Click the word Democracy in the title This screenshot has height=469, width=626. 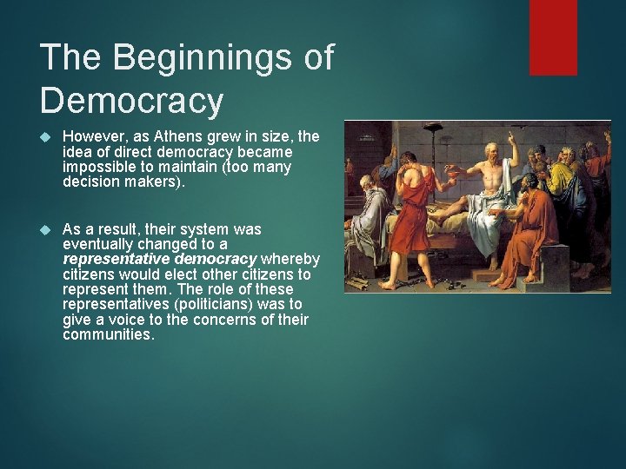point(132,101)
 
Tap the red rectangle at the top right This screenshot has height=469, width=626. point(553,36)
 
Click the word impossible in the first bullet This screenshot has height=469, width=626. point(97,167)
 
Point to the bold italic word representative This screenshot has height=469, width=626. point(117,260)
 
